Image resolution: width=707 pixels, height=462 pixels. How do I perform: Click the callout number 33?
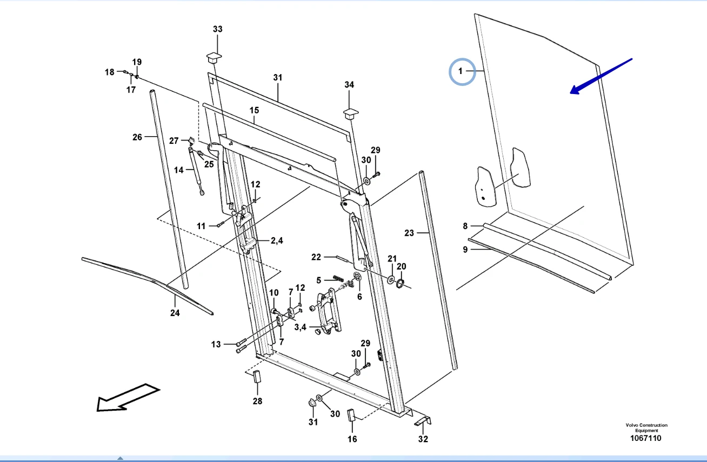tap(217, 29)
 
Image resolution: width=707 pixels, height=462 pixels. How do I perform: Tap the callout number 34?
tap(349, 85)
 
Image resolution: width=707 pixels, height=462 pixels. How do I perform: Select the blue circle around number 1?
tap(462, 71)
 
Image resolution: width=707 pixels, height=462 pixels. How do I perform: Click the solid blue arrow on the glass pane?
tap(601, 76)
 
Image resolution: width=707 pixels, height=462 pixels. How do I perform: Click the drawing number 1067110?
tap(645, 438)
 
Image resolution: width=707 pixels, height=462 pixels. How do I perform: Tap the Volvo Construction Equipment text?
tap(646, 428)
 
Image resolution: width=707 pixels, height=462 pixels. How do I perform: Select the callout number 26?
tap(137, 137)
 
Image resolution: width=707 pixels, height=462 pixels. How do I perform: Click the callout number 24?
tap(175, 313)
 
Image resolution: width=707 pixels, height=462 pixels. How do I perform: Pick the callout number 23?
tap(409, 233)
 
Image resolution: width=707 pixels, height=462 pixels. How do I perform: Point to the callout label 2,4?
tap(276, 241)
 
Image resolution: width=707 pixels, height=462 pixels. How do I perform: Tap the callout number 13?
tap(216, 344)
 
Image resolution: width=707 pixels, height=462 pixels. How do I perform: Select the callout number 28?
tap(257, 400)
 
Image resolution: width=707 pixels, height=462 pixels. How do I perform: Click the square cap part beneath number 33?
tap(215, 56)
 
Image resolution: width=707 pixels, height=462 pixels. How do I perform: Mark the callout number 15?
tap(254, 110)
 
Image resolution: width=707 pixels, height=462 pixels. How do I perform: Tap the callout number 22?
tap(316, 257)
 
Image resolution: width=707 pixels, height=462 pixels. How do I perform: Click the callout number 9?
tap(465, 249)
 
